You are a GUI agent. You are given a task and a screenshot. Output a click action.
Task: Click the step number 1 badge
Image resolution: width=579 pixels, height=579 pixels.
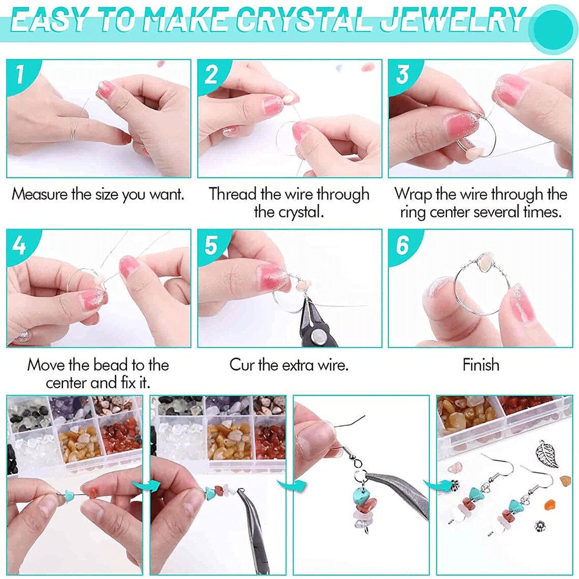tap(20, 74)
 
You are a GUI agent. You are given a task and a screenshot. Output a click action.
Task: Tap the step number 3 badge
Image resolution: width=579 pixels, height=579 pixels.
tap(402, 74)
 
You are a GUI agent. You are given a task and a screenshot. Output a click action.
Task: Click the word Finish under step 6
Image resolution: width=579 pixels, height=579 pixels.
tap(480, 365)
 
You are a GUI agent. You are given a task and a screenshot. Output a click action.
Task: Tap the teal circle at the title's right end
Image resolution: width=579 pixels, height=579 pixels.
tap(552, 28)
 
